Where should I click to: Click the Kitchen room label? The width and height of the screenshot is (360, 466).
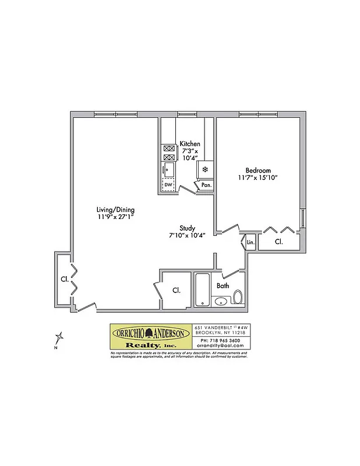tap(190, 143)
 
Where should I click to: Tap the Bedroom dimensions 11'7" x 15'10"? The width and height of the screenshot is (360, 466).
tap(257, 177)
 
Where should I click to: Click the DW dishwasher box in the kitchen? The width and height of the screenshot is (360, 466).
tap(168, 185)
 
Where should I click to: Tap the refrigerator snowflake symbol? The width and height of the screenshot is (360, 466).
tap(205, 170)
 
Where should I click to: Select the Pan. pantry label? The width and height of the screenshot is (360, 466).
tap(206, 185)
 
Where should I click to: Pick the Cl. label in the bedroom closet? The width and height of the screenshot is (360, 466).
tap(278, 241)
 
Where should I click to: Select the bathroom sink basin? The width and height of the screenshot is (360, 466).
tap(221, 301)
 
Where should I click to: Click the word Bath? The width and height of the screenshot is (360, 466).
tap(223, 286)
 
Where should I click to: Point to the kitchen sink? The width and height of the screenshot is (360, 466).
tap(168, 170)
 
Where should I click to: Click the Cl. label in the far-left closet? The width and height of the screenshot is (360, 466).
tap(64, 279)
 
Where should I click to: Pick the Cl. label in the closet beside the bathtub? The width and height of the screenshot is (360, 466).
tap(176, 290)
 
